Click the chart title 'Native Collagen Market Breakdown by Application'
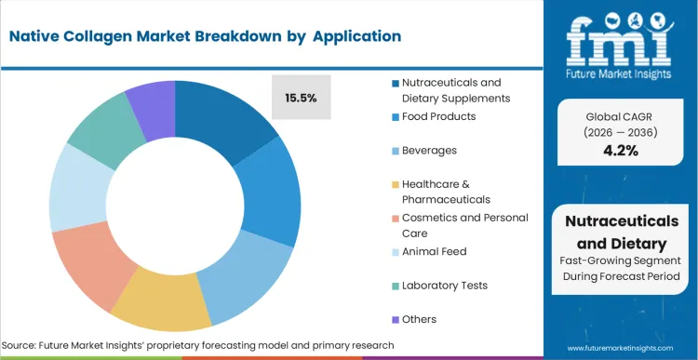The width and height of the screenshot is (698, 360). point(205,36)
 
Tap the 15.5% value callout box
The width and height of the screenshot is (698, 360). point(301,96)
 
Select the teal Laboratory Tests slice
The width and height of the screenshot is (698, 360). point(99,135)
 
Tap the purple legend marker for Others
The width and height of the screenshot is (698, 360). point(395,319)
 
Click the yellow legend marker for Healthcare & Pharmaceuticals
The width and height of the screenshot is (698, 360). point(395,184)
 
